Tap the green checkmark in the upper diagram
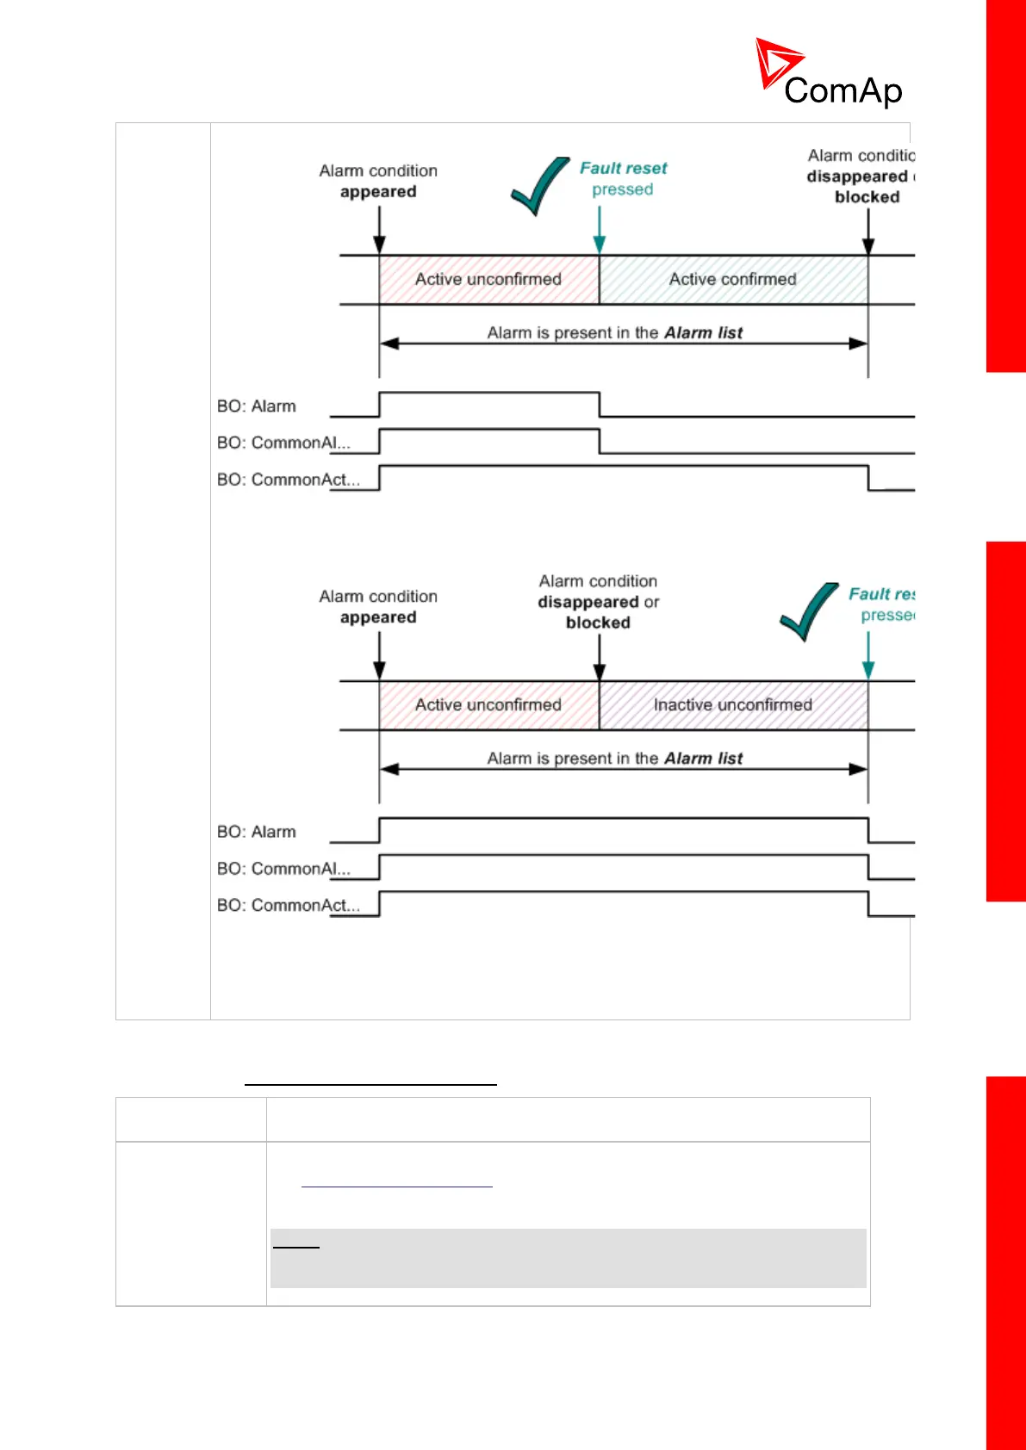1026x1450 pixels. pyautogui.click(x=539, y=186)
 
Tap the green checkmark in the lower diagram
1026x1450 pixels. pyautogui.click(x=808, y=612)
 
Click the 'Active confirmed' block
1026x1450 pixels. pyautogui.click(x=733, y=279)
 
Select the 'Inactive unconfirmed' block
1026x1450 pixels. pyautogui.click(x=733, y=705)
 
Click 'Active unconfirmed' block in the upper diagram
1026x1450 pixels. pyautogui.click(x=488, y=279)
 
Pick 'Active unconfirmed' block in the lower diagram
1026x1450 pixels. pyautogui.click(x=488, y=705)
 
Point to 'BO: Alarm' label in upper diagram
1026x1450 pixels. pyautogui.click(x=257, y=406)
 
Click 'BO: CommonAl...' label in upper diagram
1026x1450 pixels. pyautogui.click(x=283, y=443)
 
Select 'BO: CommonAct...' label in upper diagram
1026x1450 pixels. pyautogui.click(x=288, y=480)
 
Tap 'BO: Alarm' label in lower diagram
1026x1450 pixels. pyautogui.click(x=257, y=832)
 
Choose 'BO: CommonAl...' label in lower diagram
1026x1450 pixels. pyautogui.click(x=283, y=869)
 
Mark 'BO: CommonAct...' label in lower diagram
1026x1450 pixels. pyautogui.click(x=288, y=906)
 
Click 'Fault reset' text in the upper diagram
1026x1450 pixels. pyautogui.click(x=624, y=169)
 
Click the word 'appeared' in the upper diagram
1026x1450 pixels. pyautogui.click(x=378, y=192)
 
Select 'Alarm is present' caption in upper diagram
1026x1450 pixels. pyautogui.click(x=615, y=333)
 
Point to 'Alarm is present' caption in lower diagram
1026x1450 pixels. pyautogui.click(x=615, y=759)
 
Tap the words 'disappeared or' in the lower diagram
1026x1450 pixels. pyautogui.click(x=598, y=602)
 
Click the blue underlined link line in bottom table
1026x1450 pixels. pyautogui.click(x=397, y=1187)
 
